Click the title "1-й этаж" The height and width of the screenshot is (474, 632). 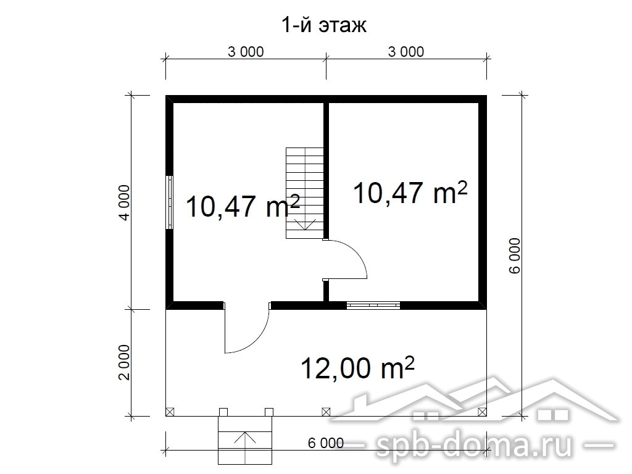pos(324,25)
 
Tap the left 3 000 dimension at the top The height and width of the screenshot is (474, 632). pos(246,52)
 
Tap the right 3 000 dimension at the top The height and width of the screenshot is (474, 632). pos(406,52)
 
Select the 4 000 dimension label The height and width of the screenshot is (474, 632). pos(125,202)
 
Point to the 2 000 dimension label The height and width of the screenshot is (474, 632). pos(125,362)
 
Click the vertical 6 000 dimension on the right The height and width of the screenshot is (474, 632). pos(515,256)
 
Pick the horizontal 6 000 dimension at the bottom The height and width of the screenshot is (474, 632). pos(326,443)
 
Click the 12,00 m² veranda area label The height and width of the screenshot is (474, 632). pos(357,368)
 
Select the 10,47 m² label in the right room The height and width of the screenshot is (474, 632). pos(410,193)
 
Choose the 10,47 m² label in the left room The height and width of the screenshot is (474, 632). pos(243,206)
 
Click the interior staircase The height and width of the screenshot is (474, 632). pos(305,193)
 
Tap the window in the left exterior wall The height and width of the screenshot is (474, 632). pos(170,202)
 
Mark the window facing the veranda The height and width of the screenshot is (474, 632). pos(373,305)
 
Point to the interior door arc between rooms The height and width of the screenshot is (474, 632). pos(359,252)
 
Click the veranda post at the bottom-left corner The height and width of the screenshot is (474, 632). pos(170,412)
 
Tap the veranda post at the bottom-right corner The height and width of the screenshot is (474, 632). pos(482,412)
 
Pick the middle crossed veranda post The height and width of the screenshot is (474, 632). pos(326,412)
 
